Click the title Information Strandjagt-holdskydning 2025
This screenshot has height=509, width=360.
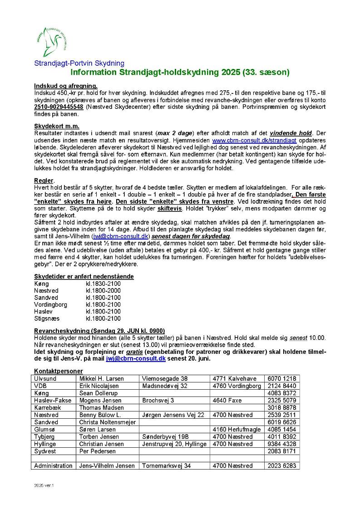click(x=180, y=72)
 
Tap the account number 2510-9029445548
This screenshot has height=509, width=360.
click(x=59, y=107)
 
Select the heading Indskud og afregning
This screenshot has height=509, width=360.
click(x=66, y=86)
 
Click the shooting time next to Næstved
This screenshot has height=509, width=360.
click(x=103, y=290)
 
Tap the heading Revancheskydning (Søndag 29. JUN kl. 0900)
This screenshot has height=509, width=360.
click(x=99, y=331)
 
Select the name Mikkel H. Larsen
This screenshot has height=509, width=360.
click(x=99, y=378)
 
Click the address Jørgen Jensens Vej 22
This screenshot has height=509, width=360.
click(x=173, y=415)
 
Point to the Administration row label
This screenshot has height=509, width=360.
click(x=53, y=466)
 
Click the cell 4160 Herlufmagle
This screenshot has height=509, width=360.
click(x=237, y=430)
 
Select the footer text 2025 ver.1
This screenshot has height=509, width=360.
click(x=44, y=485)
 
